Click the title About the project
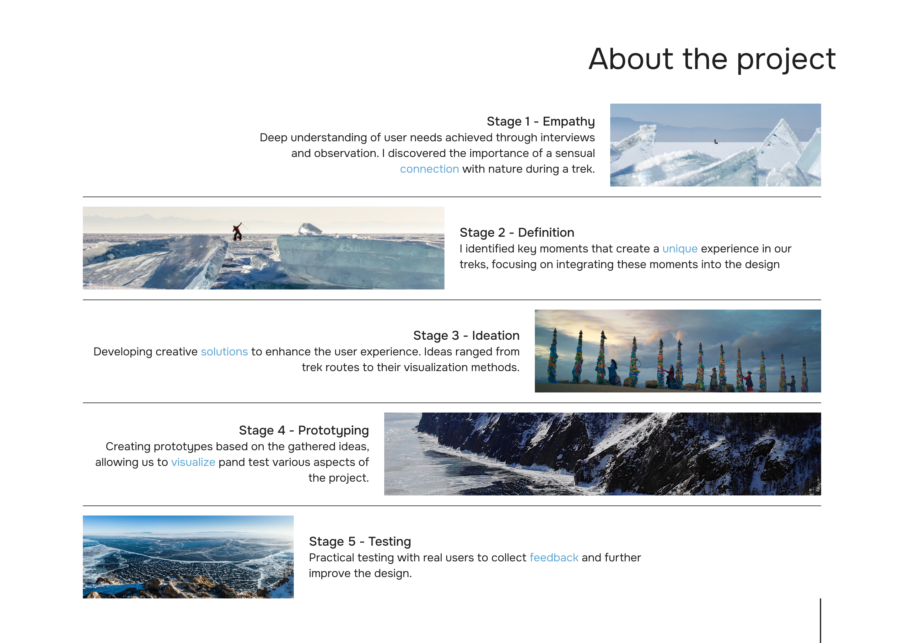(x=712, y=59)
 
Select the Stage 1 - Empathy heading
(x=541, y=122)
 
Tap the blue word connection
(x=429, y=169)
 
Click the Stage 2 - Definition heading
(x=517, y=232)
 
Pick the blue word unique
(x=680, y=249)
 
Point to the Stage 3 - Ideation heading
(x=466, y=335)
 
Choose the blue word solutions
(x=224, y=352)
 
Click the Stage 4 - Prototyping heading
(x=304, y=430)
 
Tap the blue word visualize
(x=193, y=462)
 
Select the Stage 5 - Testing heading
(x=360, y=541)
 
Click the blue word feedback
(x=554, y=558)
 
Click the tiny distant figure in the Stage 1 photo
(x=716, y=141)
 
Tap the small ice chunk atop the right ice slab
(x=309, y=229)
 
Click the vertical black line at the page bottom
(x=821, y=620)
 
